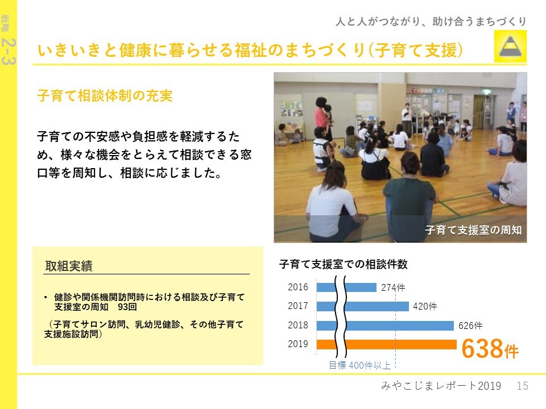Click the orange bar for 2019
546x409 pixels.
point(387,344)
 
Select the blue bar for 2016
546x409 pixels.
point(346,287)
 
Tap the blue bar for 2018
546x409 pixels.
point(385,325)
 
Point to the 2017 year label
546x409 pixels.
point(297,306)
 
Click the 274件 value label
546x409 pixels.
point(393,287)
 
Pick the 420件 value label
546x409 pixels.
point(425,306)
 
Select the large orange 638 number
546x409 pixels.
point(482,348)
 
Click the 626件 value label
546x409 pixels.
point(470,326)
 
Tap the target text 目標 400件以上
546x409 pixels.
point(359,365)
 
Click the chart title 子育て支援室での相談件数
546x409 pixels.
point(343,264)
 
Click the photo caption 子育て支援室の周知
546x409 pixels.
point(473,230)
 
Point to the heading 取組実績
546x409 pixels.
point(69,266)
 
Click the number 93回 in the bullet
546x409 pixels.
point(127,307)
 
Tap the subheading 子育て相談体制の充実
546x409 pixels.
point(105,95)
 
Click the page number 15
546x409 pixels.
point(522,386)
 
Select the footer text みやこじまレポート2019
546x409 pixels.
point(441,386)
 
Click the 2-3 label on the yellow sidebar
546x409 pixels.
point(9,52)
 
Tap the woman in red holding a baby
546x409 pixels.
point(324,118)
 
